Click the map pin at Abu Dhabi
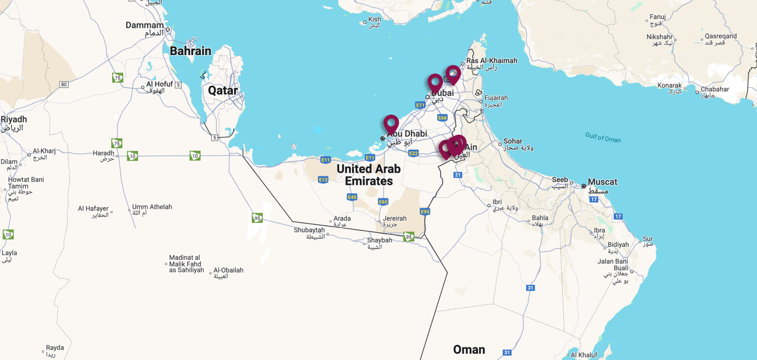click(x=391, y=124)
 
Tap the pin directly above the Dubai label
click(x=435, y=82)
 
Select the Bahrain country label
click(x=190, y=51)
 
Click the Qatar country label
click(x=223, y=91)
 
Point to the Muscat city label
click(x=602, y=182)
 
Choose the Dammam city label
click(x=145, y=25)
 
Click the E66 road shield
click(x=442, y=118)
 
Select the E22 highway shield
click(x=413, y=153)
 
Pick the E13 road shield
click(x=323, y=179)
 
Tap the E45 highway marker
click(x=352, y=197)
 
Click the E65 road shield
click(x=383, y=201)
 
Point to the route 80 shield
click(x=64, y=84)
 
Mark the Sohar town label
click(x=513, y=141)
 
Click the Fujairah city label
click(x=496, y=98)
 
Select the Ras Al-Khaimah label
click(x=492, y=61)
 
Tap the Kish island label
click(x=374, y=20)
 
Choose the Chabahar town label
click(x=714, y=89)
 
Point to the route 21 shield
click(x=457, y=175)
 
